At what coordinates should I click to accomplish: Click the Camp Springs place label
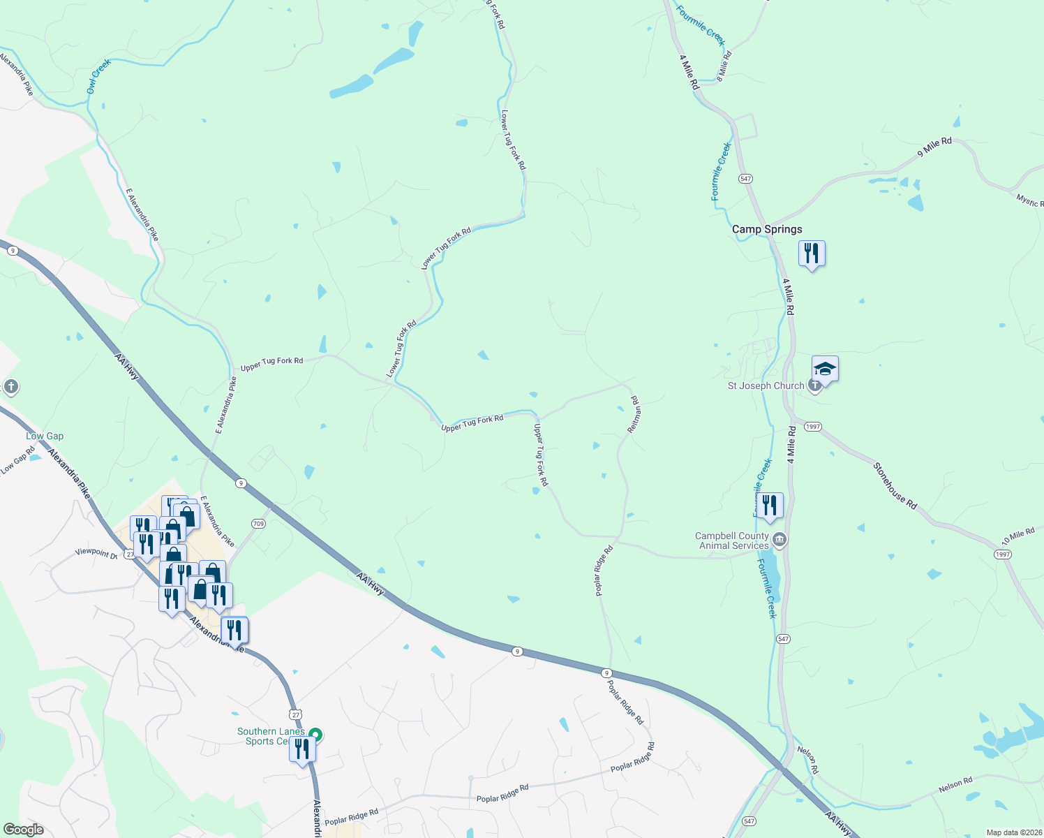point(767,229)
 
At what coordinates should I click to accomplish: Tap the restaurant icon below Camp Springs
point(811,253)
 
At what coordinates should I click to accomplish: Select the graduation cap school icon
point(825,369)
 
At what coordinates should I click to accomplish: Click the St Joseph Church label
point(766,385)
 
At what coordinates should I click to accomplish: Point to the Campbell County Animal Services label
point(733,541)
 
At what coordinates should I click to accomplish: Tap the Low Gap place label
point(45,436)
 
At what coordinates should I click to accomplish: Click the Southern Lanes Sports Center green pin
point(315,735)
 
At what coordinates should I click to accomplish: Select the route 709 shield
point(259,524)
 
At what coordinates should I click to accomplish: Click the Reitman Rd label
point(635,415)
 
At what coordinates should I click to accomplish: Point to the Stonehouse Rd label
point(895,485)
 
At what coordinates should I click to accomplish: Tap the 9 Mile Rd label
point(934,147)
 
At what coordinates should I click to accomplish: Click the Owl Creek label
point(98,76)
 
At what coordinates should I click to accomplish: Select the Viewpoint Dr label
point(96,553)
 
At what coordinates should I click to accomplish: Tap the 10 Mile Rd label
point(1018,536)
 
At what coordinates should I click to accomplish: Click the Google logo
point(23,830)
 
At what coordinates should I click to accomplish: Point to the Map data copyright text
point(1013,832)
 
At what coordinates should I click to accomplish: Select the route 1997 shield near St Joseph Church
point(812,426)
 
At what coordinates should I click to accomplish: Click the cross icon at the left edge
point(10,387)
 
